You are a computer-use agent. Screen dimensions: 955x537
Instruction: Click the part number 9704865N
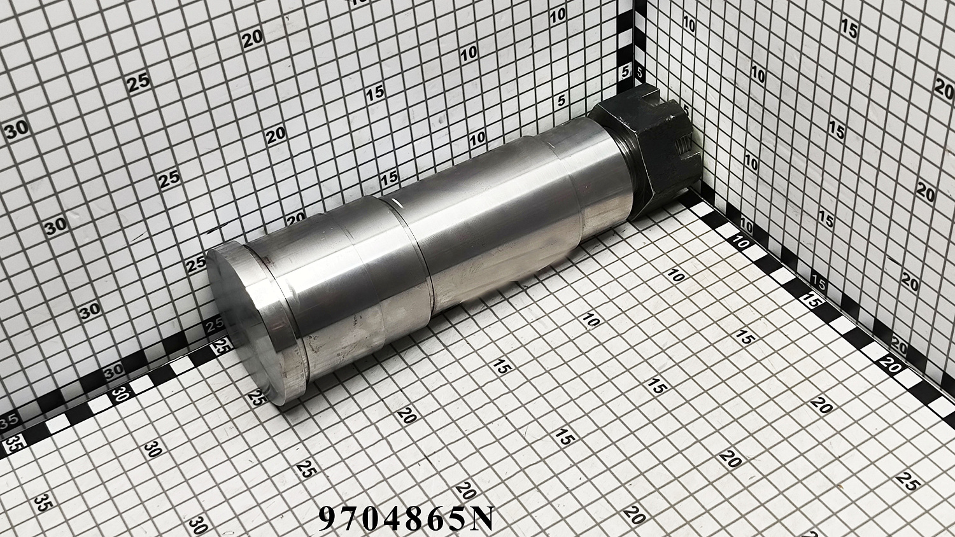click(x=406, y=519)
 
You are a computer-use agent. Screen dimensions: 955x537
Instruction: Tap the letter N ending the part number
click(x=482, y=519)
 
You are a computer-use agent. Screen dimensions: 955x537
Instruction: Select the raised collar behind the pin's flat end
click(x=273, y=324)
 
